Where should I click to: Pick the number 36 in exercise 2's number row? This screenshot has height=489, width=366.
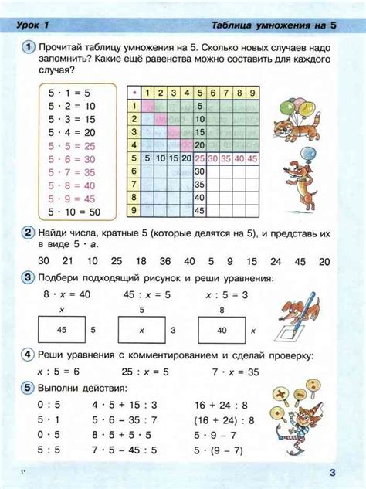click(168, 261)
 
